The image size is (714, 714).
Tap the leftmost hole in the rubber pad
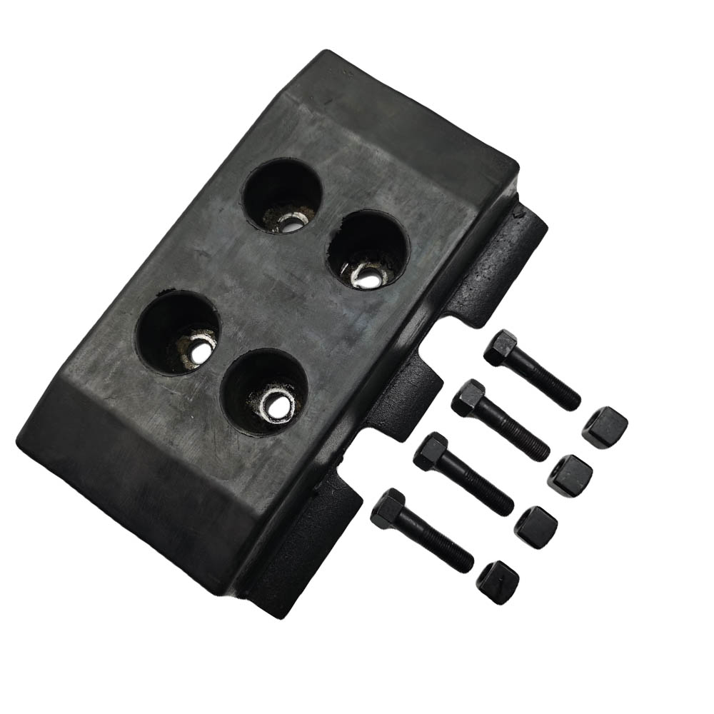(178, 331)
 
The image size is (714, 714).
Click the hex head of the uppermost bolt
(500, 348)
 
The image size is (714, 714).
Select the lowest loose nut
(498, 582)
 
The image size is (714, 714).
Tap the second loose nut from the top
(570, 473)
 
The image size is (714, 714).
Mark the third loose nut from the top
(535, 527)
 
